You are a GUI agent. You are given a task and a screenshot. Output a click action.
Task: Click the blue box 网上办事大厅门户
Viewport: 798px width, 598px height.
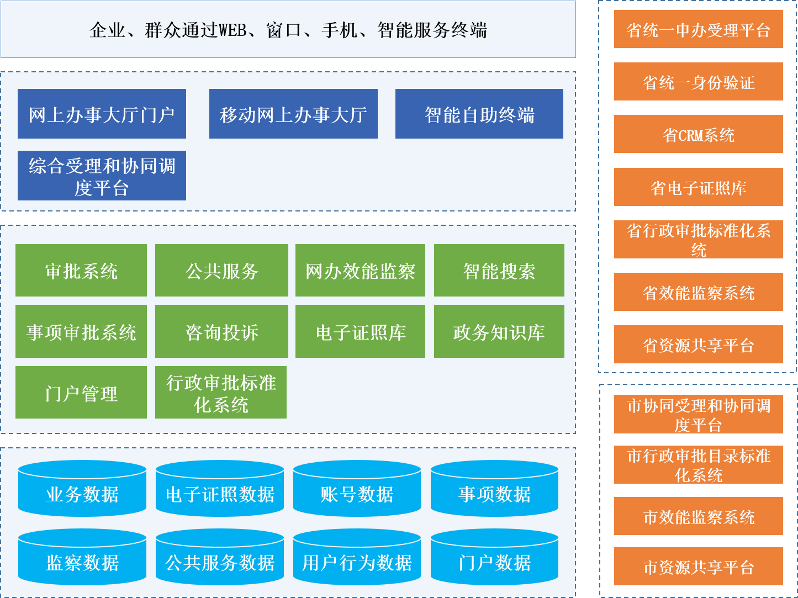coord(102,114)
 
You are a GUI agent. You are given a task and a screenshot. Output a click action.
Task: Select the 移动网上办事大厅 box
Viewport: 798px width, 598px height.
coord(293,114)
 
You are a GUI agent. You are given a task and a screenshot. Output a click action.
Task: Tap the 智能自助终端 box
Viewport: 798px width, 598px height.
coord(479,114)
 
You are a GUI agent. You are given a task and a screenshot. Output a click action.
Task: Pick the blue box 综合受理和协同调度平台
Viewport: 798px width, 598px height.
coord(102,176)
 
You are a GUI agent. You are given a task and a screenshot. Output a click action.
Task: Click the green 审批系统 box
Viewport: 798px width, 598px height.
coord(81,271)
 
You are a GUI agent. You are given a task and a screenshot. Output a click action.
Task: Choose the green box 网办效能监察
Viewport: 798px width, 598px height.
coord(360,271)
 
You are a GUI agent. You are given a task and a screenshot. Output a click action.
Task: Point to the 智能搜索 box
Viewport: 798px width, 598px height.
coord(499,271)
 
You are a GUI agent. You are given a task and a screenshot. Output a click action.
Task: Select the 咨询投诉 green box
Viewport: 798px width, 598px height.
coord(221,331)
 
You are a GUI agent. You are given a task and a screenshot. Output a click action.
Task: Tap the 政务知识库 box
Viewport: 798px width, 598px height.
coord(499,331)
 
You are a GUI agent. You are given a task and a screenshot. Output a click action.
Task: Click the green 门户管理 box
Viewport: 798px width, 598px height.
coord(81,393)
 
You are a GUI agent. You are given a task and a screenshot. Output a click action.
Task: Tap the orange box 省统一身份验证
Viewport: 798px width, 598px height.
coord(698,82)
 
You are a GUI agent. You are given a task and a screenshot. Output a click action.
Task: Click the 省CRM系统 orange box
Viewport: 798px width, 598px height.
coord(698,134)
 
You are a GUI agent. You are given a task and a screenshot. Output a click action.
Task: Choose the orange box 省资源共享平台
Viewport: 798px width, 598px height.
coord(698,345)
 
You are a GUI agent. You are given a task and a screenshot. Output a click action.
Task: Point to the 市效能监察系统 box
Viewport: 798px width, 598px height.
coord(698,516)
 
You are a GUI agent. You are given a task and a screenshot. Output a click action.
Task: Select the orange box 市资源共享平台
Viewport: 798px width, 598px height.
coord(698,567)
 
